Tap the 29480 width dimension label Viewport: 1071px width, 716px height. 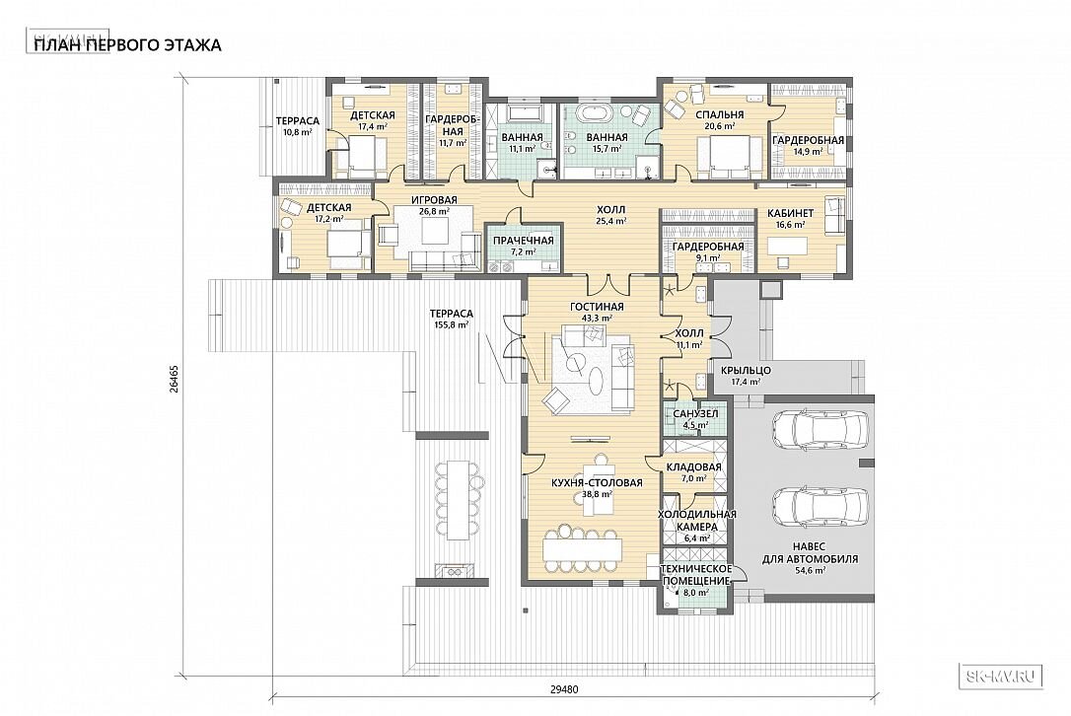pos(563,689)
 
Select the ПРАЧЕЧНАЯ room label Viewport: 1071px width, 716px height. pos(524,241)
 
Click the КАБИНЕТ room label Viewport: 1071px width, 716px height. pos(790,212)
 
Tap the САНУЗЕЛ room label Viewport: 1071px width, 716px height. pos(695,414)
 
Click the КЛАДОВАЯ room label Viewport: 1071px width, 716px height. pos(693,467)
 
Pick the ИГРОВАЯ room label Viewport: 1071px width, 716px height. pos(434,200)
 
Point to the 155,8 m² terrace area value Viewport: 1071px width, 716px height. pos(452,325)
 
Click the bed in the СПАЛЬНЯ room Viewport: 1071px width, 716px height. pos(731,153)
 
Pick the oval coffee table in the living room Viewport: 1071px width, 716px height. pos(596,379)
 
